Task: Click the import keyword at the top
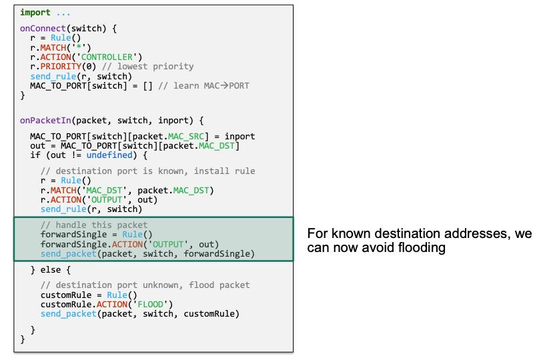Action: (x=35, y=12)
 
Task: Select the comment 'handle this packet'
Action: (x=94, y=225)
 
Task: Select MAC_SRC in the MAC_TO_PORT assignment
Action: (x=188, y=137)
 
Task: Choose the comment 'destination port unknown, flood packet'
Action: (x=145, y=285)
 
